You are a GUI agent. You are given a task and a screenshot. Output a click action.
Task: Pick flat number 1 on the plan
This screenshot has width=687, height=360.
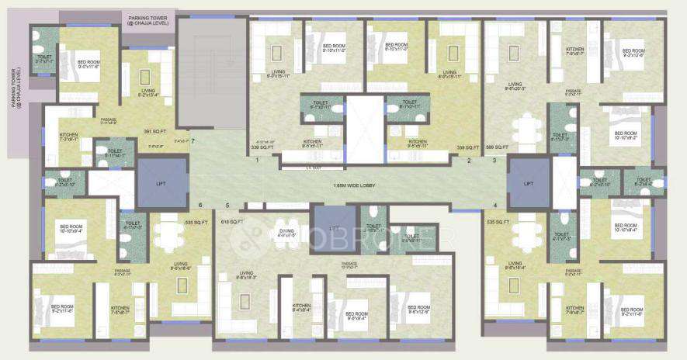coord(257,161)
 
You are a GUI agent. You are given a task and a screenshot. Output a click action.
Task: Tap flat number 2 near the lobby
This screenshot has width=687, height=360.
coord(469,161)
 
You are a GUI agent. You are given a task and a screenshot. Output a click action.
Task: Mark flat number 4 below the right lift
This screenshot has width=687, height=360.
coord(494,206)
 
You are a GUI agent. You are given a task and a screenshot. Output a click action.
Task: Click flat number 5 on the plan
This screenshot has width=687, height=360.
coord(227,206)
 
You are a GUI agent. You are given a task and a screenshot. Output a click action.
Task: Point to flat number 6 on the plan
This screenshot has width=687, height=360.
coord(200,206)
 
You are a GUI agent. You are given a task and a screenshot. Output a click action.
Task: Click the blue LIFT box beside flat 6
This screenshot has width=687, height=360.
coord(161,183)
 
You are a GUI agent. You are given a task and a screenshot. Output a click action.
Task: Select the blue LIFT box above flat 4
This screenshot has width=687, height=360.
coord(528,183)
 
